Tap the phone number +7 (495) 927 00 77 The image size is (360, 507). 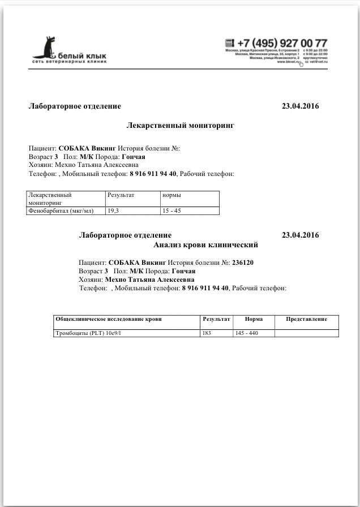pyautogui.click(x=282, y=44)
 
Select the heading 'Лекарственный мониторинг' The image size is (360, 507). pyautogui.click(x=179, y=125)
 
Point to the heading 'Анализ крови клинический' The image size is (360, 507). pyautogui.click(x=205, y=245)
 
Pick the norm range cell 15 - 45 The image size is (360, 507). pyautogui.click(x=171, y=210)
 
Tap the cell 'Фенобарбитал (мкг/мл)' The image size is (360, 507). pyautogui.click(x=61, y=210)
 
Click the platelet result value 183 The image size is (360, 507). pyautogui.click(x=208, y=333)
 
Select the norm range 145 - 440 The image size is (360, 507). pyautogui.click(x=246, y=333)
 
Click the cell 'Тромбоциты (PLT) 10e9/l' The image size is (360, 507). pyautogui.click(x=88, y=333)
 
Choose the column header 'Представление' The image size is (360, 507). pyautogui.click(x=306, y=319)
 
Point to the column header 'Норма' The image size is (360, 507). pyautogui.click(x=254, y=319)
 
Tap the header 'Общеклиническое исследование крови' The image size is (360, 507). pyautogui.click(x=108, y=319)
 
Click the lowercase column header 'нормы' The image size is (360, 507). pyautogui.click(x=172, y=195)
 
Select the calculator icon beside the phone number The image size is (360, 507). pyautogui.click(x=229, y=43)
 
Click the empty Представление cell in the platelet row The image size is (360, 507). pyautogui.click(x=306, y=333)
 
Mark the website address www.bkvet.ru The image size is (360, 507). pyautogui.click(x=288, y=62)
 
